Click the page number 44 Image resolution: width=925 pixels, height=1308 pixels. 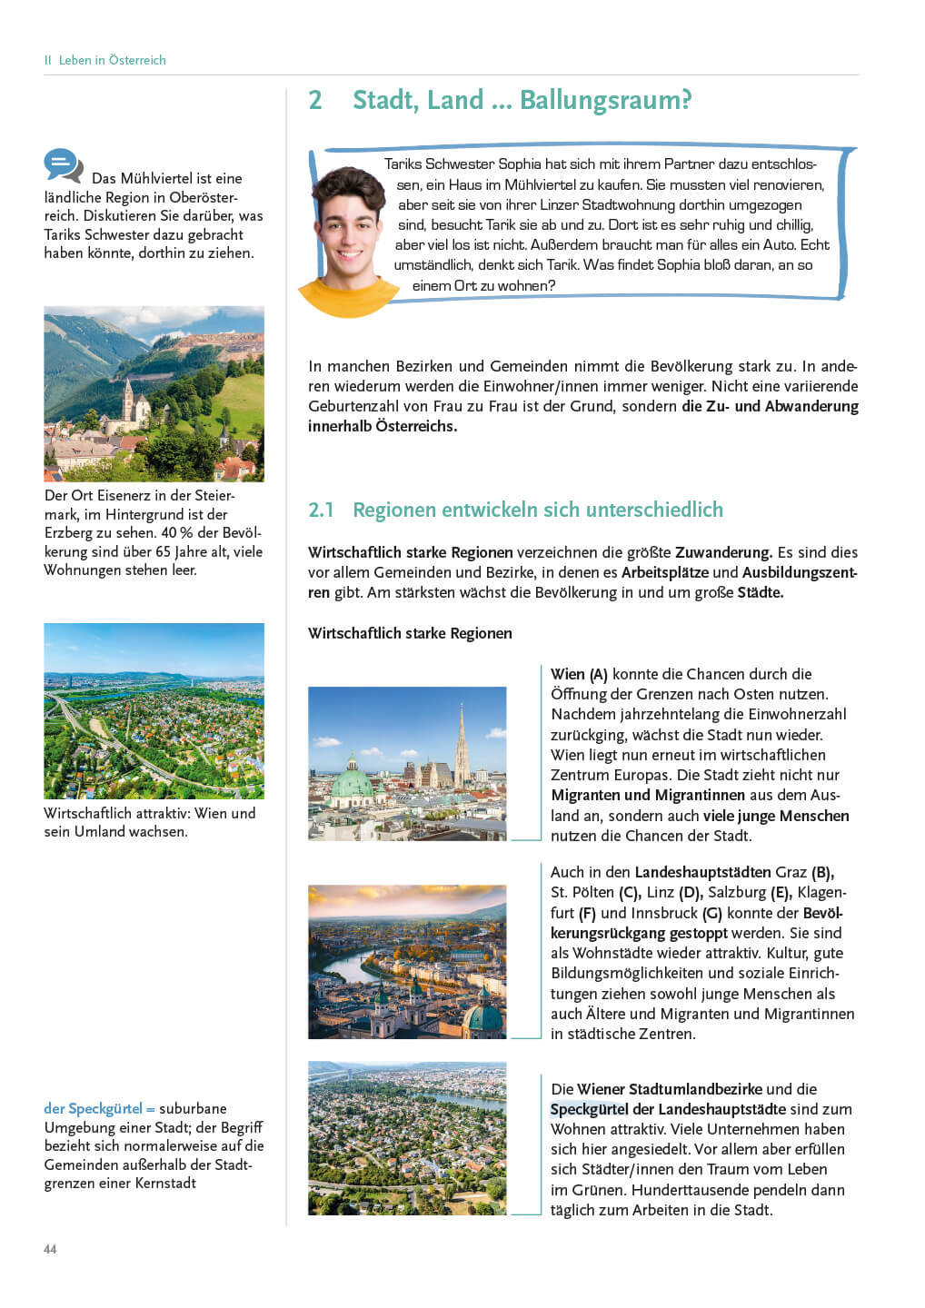coord(50,1249)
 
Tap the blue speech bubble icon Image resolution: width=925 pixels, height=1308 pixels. coord(63,165)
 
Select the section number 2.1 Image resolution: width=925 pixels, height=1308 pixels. coord(321,510)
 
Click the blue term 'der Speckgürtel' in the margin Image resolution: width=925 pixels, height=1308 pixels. coord(94,1108)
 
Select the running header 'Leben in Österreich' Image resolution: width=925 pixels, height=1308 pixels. coord(112,60)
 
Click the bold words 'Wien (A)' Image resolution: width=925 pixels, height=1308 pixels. coord(579,674)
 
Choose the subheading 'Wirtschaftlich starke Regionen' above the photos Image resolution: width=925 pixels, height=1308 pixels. coord(410,633)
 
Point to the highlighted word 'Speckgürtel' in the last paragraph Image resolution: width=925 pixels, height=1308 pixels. coord(589,1109)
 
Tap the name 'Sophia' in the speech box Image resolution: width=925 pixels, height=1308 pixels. coord(519,164)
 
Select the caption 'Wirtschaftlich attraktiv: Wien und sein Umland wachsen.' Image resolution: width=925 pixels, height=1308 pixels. coord(150,822)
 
